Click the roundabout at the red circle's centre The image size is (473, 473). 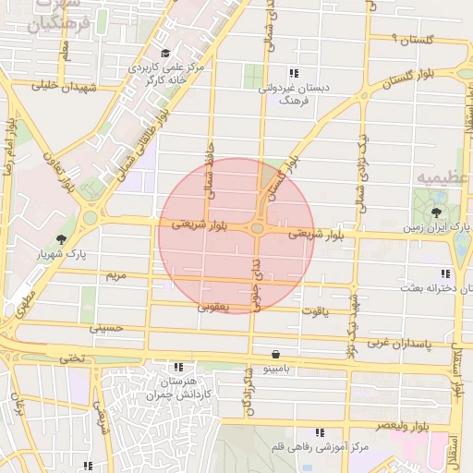[258, 227]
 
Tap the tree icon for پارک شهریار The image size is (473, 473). [62, 239]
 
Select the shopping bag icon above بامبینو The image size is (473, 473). [276, 355]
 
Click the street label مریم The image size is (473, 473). [115, 275]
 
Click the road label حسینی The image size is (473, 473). [104, 327]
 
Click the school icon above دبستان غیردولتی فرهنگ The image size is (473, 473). [294, 73]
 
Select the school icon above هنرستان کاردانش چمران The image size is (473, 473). [178, 368]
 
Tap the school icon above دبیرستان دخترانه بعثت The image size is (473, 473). [446, 273]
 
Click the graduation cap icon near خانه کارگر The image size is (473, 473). [165, 53]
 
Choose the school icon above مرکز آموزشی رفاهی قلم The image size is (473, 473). [321, 432]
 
